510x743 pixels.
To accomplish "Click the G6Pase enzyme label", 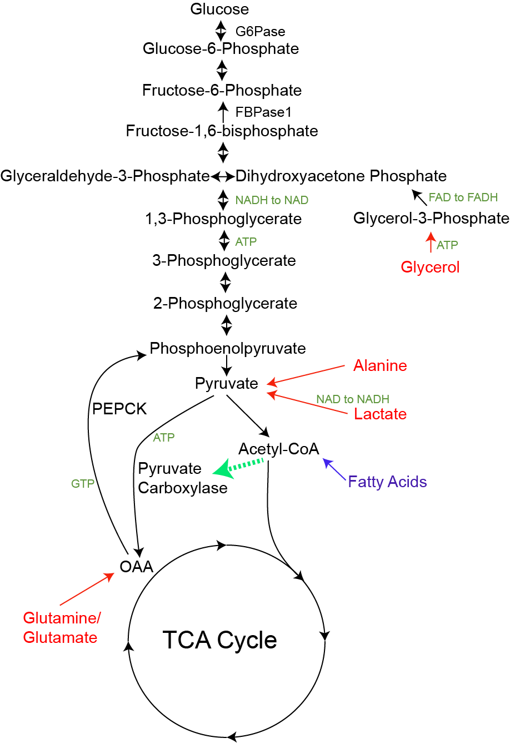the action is (x=260, y=32).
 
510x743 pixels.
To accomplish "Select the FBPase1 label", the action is (x=263, y=112).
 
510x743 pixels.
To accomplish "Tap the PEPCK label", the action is (x=119, y=409).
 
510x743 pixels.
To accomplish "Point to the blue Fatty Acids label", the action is (x=387, y=482).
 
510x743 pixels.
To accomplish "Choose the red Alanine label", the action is (x=380, y=365).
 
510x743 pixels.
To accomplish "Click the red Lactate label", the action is (x=381, y=414).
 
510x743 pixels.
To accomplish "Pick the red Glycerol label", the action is (x=430, y=267).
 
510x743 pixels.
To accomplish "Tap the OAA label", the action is (x=136, y=567).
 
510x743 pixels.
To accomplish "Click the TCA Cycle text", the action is (x=219, y=640).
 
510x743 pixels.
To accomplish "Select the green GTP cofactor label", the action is (x=83, y=484).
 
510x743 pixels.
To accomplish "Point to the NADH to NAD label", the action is (x=272, y=200).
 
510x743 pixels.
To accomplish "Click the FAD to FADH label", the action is (x=463, y=197).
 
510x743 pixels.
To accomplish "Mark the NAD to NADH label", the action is (x=353, y=399).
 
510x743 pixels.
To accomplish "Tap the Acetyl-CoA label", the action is (x=279, y=449).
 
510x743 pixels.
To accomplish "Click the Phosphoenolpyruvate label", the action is (x=228, y=349).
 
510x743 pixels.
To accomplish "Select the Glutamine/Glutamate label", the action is (x=62, y=628).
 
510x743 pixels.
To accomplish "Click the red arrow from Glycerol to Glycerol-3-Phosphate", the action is (x=431, y=242).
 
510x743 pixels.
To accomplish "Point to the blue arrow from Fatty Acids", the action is (x=334, y=469).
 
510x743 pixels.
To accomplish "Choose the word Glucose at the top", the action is (x=219, y=9).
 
